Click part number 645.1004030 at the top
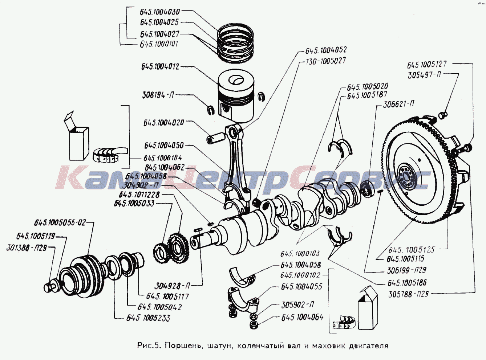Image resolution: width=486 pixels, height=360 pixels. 160,12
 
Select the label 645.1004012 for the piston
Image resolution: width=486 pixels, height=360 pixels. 160,67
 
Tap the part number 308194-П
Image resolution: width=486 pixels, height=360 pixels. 158,95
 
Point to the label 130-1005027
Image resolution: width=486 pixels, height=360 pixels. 325,61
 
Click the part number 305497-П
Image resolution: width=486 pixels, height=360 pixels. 424,75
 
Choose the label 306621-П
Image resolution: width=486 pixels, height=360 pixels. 398,105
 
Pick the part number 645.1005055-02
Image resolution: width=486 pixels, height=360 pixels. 60,222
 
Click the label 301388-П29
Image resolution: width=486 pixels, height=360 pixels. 26,248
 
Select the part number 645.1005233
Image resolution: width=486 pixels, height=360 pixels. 148,318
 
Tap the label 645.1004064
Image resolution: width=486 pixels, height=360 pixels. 302,318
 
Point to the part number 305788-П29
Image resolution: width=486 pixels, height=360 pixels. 408,294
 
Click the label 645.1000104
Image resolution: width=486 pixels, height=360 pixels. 163,158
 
